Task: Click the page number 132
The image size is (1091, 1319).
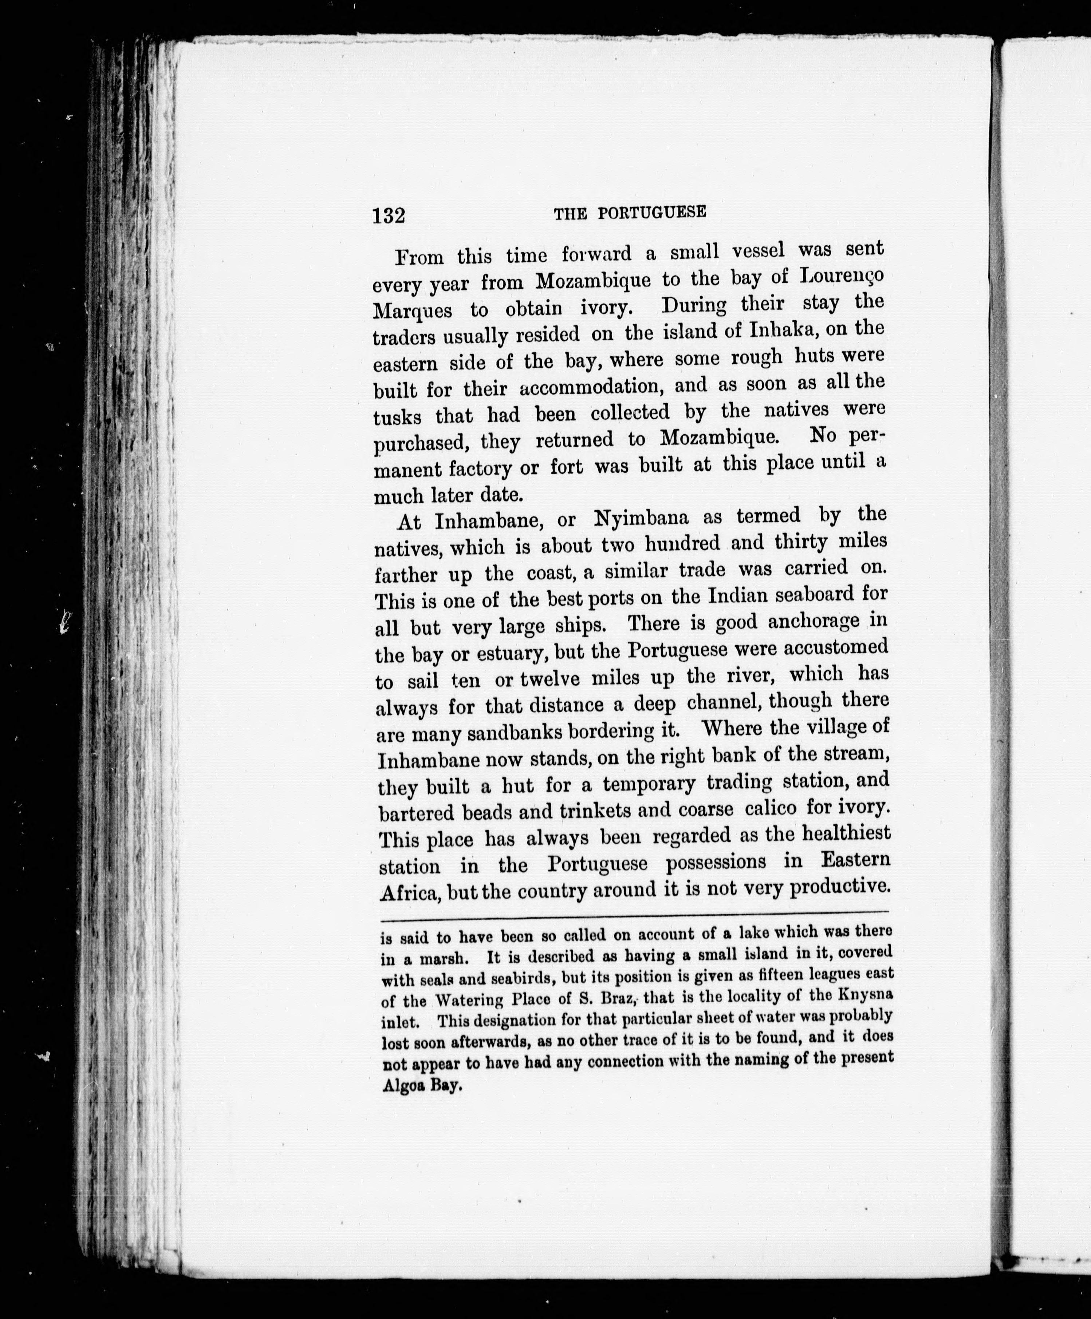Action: tap(389, 215)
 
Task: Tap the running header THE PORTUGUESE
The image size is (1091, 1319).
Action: tap(630, 213)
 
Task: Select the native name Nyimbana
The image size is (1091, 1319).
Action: tap(641, 519)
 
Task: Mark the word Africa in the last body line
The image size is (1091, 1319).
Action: tap(409, 892)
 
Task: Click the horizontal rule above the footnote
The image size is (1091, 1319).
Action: tap(635, 912)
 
